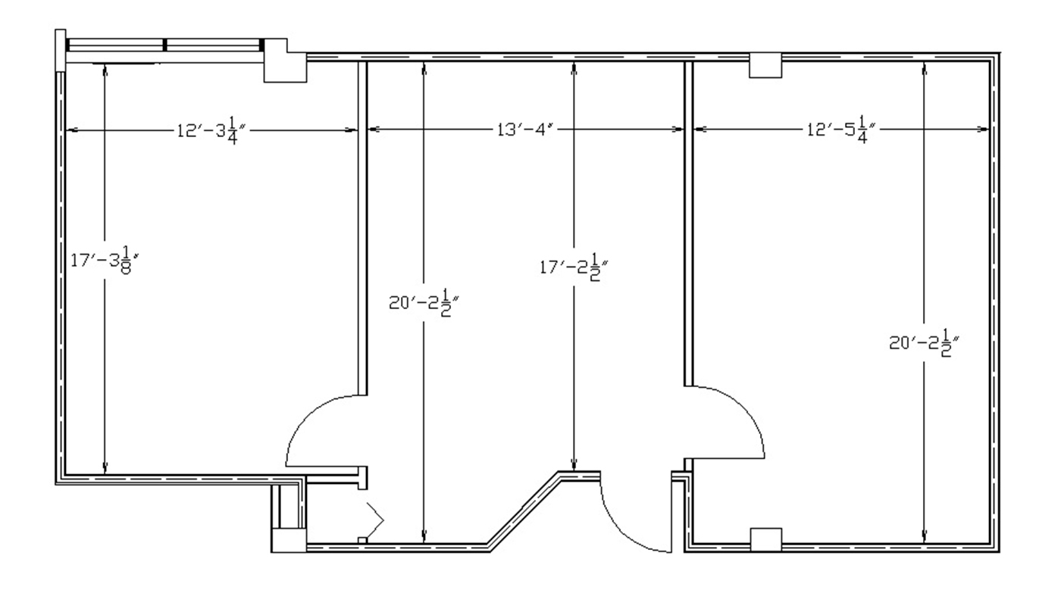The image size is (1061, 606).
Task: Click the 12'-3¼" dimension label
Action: [211, 130]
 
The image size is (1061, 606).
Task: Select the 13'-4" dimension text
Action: [525, 130]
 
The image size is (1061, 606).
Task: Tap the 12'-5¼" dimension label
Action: [841, 130]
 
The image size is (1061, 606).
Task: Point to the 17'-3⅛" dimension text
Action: [105, 260]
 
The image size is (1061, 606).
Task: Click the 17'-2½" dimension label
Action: [574, 267]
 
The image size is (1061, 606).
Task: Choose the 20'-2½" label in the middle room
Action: [424, 302]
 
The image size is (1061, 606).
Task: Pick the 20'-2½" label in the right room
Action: [924, 342]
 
